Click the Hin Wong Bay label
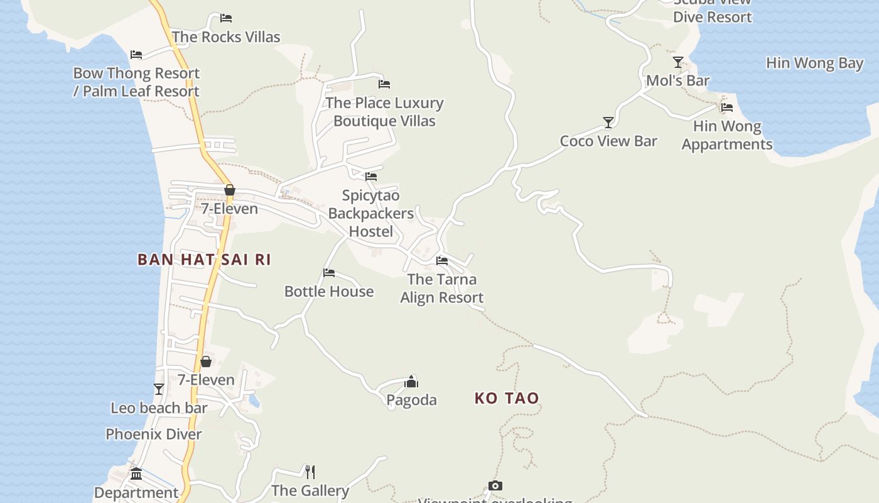pyautogui.click(x=814, y=63)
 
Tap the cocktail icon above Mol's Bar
pyautogui.click(x=678, y=62)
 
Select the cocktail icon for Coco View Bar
pyautogui.click(x=608, y=122)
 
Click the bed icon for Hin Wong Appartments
pyautogui.click(x=727, y=108)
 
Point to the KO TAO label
pyautogui.click(x=507, y=398)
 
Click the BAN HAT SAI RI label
pyautogui.click(x=204, y=260)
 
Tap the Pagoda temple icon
pyautogui.click(x=411, y=382)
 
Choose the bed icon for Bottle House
pyautogui.click(x=329, y=273)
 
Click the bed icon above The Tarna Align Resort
pyautogui.click(x=442, y=260)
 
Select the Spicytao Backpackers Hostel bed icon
pyautogui.click(x=371, y=177)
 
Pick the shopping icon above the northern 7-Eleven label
pyautogui.click(x=230, y=190)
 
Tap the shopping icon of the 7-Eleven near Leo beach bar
pyautogui.click(x=205, y=362)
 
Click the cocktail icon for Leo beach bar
pyautogui.click(x=159, y=389)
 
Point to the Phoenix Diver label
pyautogui.click(x=154, y=434)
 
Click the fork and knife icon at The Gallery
pyautogui.click(x=310, y=472)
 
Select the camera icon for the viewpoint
pyautogui.click(x=495, y=485)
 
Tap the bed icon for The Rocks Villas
pyautogui.click(x=226, y=18)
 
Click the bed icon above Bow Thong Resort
pyautogui.click(x=136, y=55)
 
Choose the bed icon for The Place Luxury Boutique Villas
pyautogui.click(x=384, y=84)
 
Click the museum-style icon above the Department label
pyautogui.click(x=136, y=473)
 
